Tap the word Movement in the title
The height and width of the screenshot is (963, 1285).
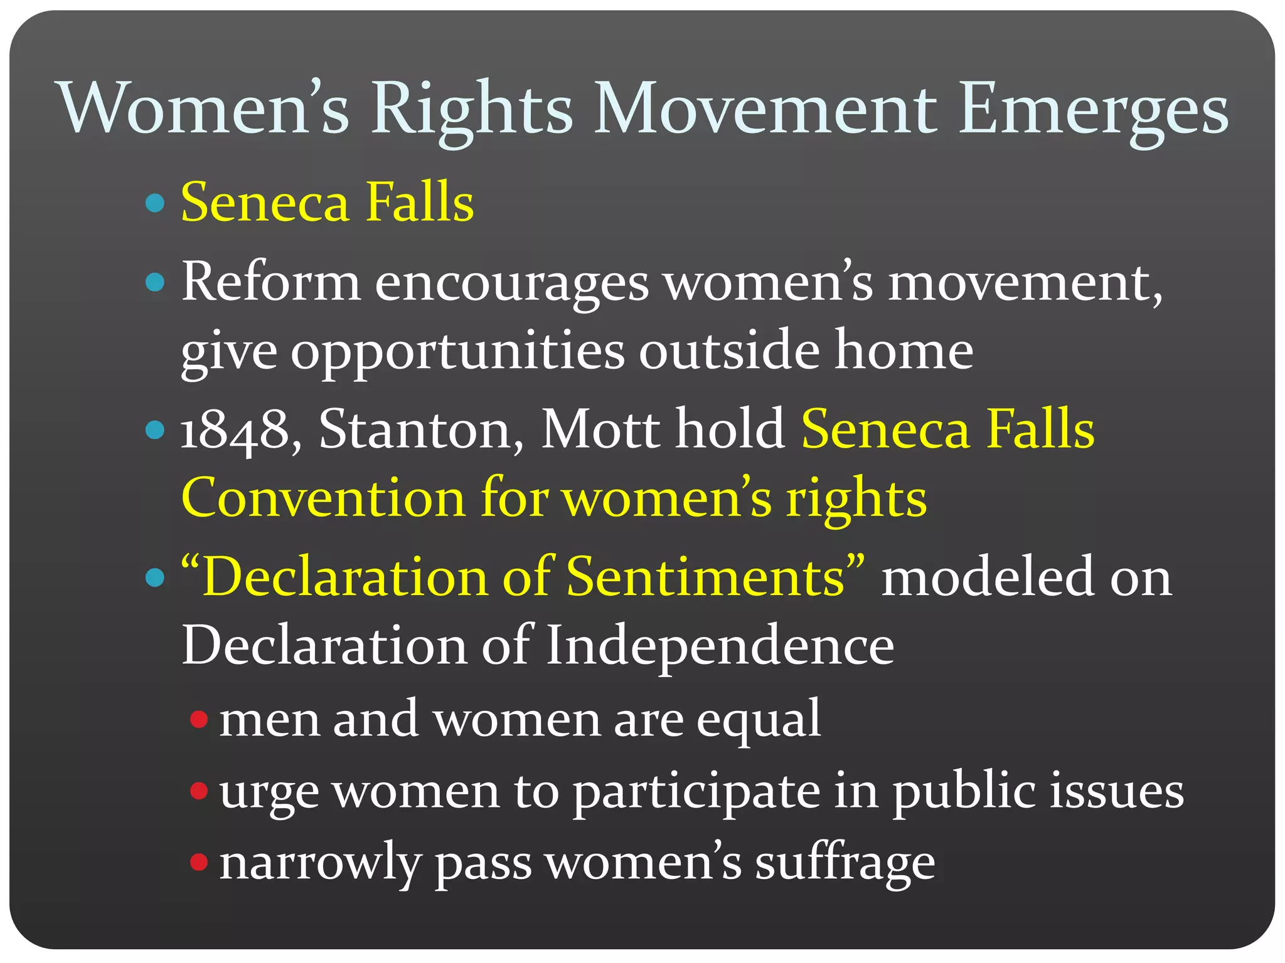(x=765, y=108)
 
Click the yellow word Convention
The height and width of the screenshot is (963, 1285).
(x=323, y=498)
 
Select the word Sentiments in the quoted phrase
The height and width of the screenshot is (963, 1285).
(x=706, y=577)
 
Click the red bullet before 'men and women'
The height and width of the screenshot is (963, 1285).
(x=199, y=719)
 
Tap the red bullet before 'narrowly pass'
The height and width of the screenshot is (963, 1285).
(x=199, y=862)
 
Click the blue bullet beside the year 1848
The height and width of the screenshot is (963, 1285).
(x=154, y=430)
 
